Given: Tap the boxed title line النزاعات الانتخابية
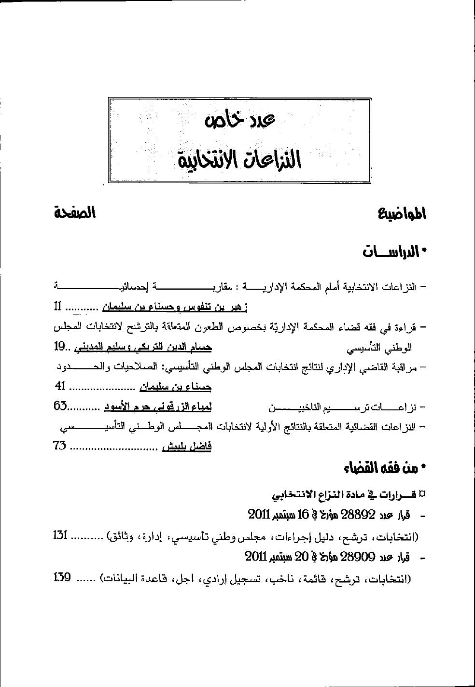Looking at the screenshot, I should (x=239, y=158).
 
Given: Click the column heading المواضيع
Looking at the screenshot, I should (x=402, y=214).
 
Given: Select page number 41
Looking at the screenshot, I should (x=60, y=387).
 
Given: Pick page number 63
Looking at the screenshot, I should (x=60, y=407).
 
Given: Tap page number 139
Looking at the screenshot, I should (x=62, y=576).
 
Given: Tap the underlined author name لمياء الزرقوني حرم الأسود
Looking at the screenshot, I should (x=158, y=407).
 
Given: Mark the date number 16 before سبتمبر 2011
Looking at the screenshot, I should (x=303, y=515).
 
